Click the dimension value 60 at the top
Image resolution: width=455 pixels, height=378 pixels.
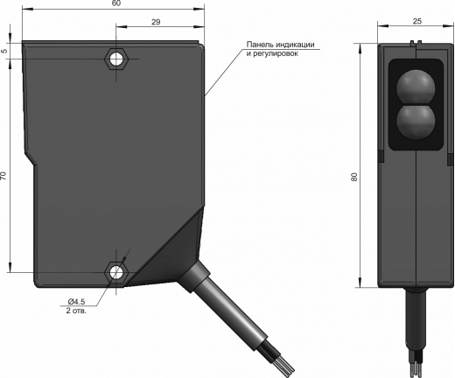point(116,3)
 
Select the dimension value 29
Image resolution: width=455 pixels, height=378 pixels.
point(156,22)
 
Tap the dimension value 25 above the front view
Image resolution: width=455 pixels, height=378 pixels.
point(417,21)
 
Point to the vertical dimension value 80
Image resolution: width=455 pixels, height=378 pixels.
point(354,177)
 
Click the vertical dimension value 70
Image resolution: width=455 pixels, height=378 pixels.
point(3,175)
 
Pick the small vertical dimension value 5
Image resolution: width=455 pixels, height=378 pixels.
point(4,51)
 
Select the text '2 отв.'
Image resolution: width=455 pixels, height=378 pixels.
point(76,311)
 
